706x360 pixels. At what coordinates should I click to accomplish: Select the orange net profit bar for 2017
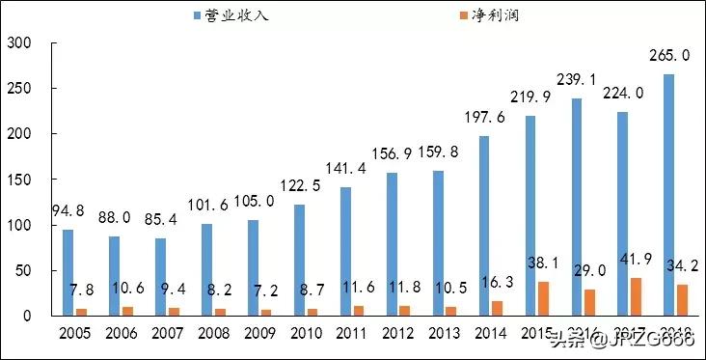click(x=637, y=296)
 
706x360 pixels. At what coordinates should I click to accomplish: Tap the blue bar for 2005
click(x=68, y=272)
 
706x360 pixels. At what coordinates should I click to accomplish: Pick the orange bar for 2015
click(x=544, y=298)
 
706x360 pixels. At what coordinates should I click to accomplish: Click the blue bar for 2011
click(x=345, y=251)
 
